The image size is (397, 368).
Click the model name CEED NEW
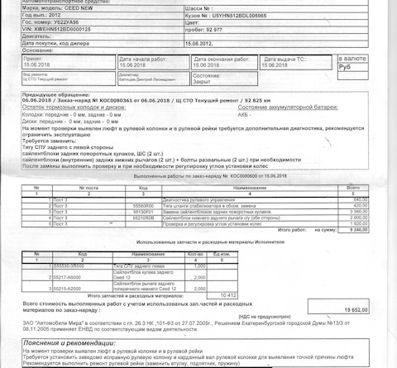tap(75, 7)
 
